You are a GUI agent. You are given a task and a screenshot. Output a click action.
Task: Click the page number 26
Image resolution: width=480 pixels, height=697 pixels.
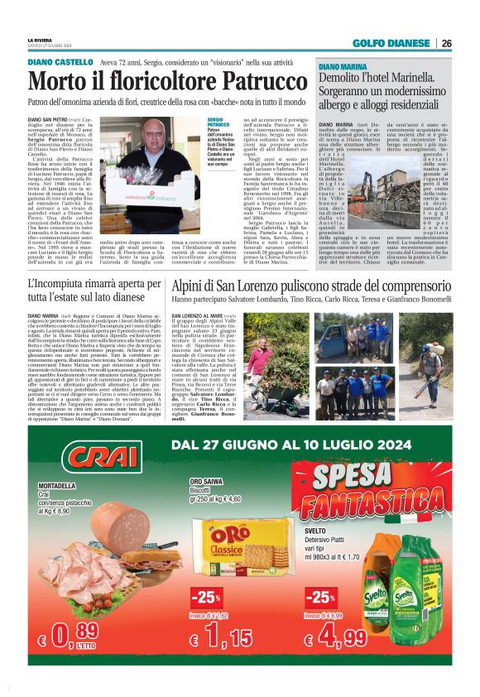[446, 43]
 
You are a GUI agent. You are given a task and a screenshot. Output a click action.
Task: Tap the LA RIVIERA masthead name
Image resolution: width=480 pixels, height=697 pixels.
[39, 40]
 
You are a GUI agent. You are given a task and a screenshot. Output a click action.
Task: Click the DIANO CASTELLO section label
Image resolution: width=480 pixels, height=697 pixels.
[60, 62]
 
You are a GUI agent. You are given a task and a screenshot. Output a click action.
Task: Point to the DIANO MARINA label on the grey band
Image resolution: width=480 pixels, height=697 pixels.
[343, 65]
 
